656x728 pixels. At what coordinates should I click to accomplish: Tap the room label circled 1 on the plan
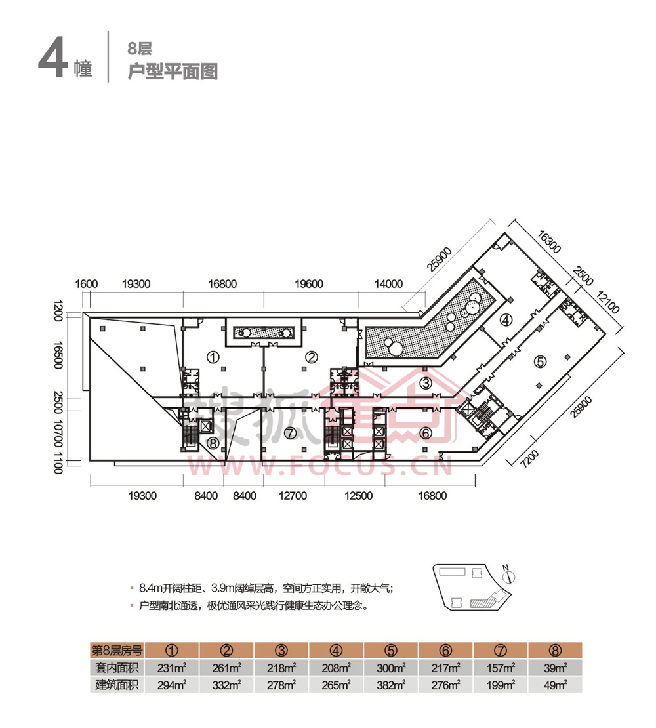pyautogui.click(x=213, y=357)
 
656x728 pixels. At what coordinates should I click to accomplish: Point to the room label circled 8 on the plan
pyautogui.click(x=213, y=443)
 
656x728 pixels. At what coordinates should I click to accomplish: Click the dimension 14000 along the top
pyautogui.click(x=388, y=284)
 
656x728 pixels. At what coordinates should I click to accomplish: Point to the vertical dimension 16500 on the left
pyautogui.click(x=59, y=355)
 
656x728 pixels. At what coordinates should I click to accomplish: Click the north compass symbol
pyautogui.click(x=508, y=576)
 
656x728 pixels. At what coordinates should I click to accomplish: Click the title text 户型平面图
pyautogui.click(x=172, y=71)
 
